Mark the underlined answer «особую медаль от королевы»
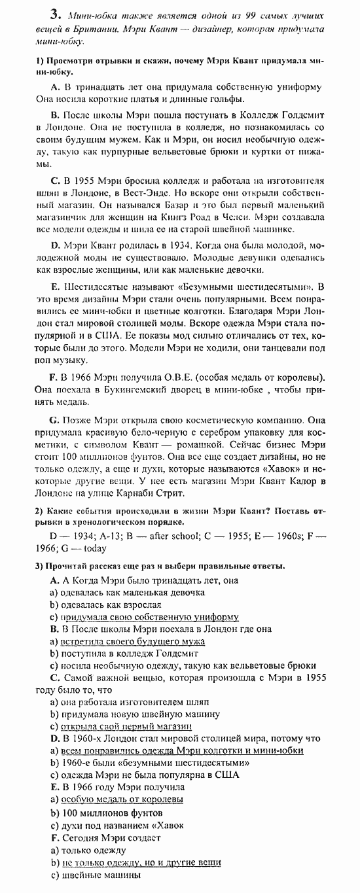(122, 799)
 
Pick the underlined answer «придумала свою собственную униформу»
(149, 617)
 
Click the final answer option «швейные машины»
(101, 875)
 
